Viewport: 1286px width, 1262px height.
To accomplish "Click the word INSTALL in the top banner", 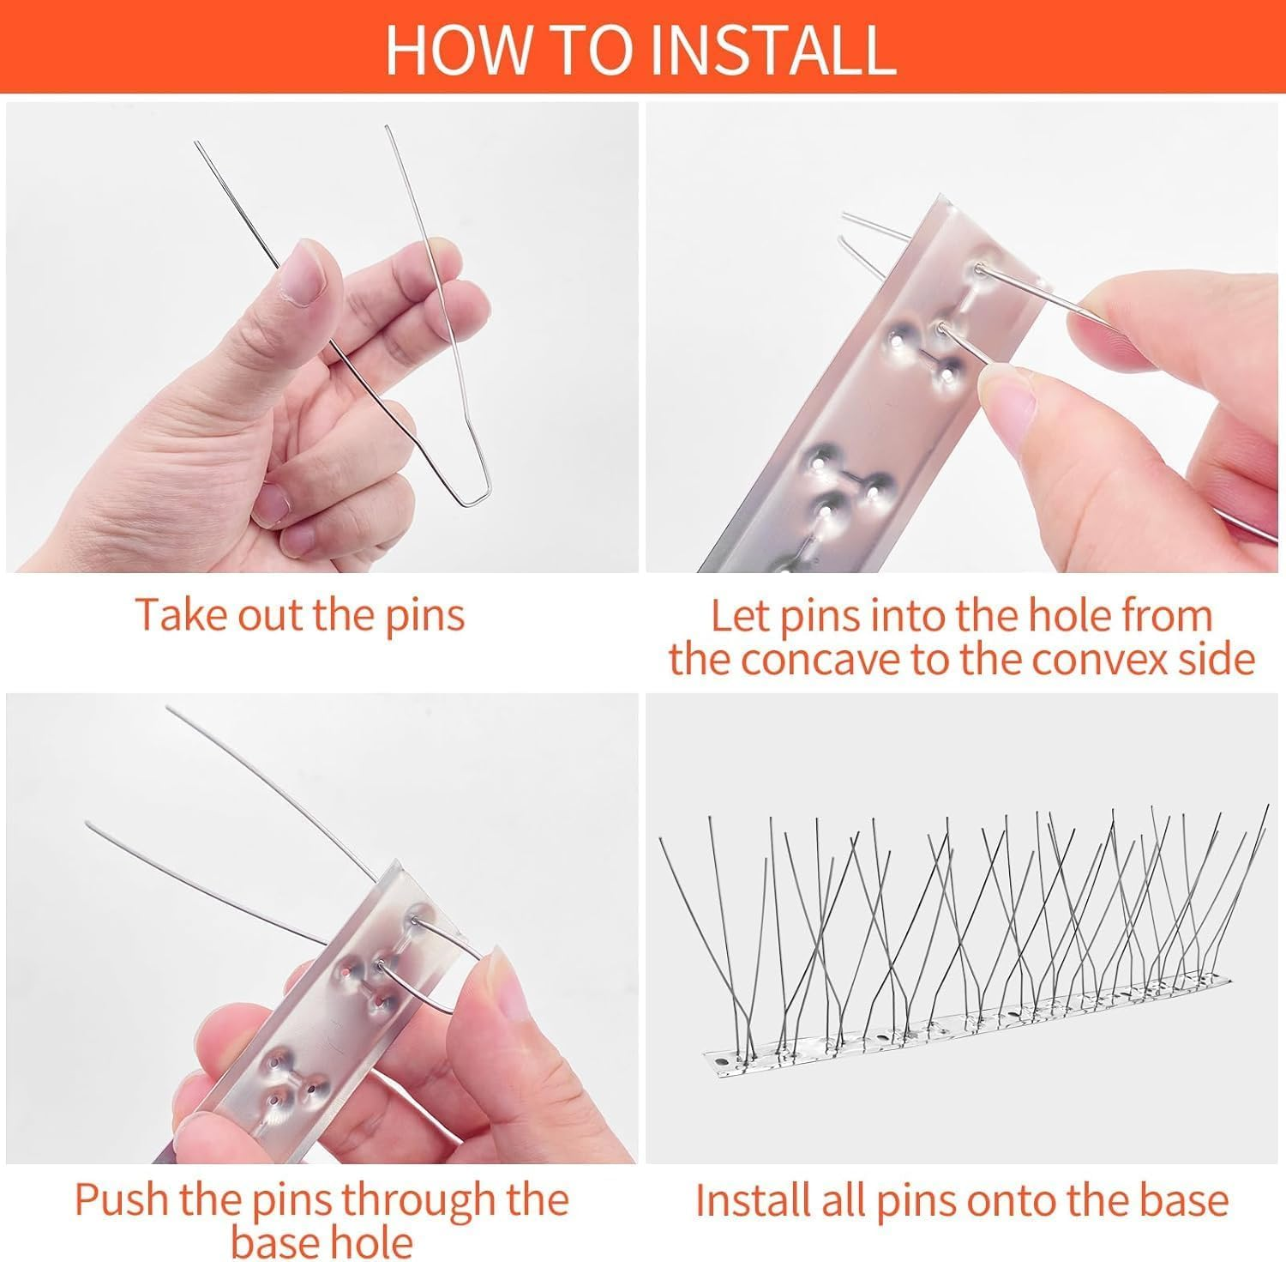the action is point(773,50).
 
